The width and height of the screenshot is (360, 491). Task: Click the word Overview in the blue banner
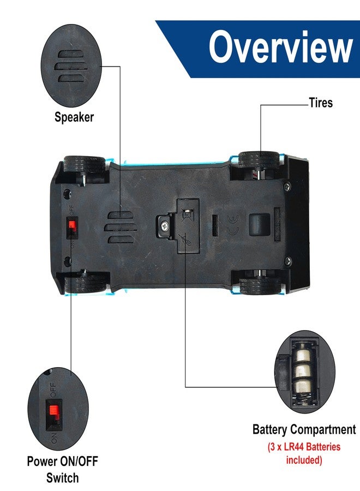(x=281, y=47)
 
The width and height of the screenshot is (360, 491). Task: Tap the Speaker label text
(x=74, y=117)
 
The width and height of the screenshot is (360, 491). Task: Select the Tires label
(x=321, y=103)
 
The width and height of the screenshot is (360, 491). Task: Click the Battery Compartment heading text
(x=304, y=429)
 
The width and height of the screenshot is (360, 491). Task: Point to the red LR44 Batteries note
(x=304, y=453)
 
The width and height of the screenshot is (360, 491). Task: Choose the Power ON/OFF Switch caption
(x=62, y=469)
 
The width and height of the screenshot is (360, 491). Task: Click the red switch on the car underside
(x=72, y=225)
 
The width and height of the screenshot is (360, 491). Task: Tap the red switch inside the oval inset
(x=53, y=410)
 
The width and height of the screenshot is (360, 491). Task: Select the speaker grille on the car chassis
(x=121, y=227)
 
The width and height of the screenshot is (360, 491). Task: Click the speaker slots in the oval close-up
(x=71, y=66)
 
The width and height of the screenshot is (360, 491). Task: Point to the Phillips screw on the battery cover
(x=164, y=224)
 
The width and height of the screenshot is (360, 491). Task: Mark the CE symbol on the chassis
(x=233, y=226)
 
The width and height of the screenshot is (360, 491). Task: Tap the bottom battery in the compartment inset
(x=303, y=388)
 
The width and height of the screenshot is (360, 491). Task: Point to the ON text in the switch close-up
(x=53, y=438)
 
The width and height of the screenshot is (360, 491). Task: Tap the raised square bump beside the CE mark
(x=259, y=224)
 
